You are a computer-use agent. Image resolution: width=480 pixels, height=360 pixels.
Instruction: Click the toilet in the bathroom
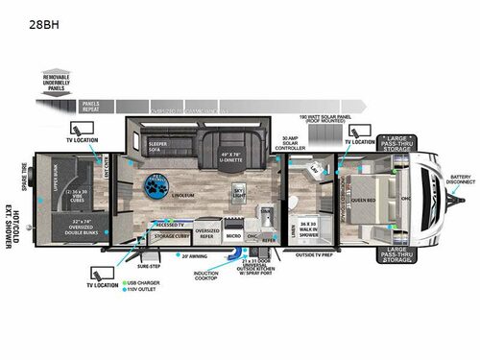tap(316, 175)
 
